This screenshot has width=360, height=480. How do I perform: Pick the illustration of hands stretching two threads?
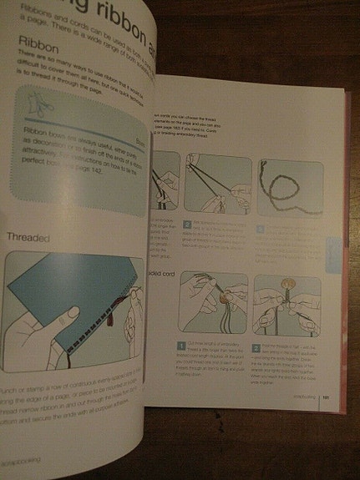coord(218,183)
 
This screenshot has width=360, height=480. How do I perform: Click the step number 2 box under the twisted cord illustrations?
coord(188,224)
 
